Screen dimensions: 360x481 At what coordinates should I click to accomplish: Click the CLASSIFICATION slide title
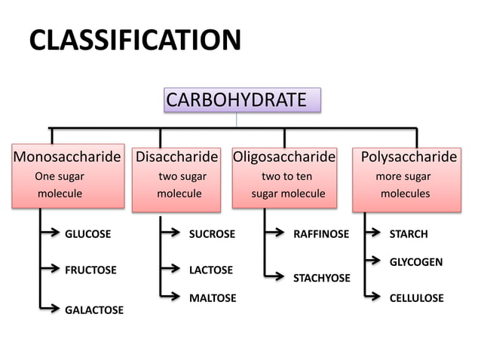(135, 40)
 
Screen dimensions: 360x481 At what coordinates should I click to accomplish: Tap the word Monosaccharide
(67, 157)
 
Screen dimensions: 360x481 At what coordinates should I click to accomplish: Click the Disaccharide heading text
(176, 157)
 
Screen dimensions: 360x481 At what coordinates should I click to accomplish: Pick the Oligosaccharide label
(284, 157)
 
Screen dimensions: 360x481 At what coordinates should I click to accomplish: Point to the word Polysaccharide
(409, 157)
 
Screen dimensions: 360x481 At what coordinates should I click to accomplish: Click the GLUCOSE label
(87, 233)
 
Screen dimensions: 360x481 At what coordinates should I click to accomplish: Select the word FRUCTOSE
(90, 270)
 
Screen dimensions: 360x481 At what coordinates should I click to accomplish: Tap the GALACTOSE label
(93, 310)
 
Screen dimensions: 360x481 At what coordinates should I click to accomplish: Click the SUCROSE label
(212, 233)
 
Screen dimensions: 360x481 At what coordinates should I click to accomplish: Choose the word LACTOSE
(210, 270)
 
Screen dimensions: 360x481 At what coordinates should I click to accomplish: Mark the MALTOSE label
(212, 298)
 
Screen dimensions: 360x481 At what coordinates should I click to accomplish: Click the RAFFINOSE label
(321, 233)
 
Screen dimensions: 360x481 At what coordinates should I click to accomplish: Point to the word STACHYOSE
(321, 278)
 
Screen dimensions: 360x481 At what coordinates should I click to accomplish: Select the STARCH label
(408, 233)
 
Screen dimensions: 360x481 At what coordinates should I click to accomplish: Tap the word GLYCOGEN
(415, 262)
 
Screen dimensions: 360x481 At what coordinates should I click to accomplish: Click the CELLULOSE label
(416, 298)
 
